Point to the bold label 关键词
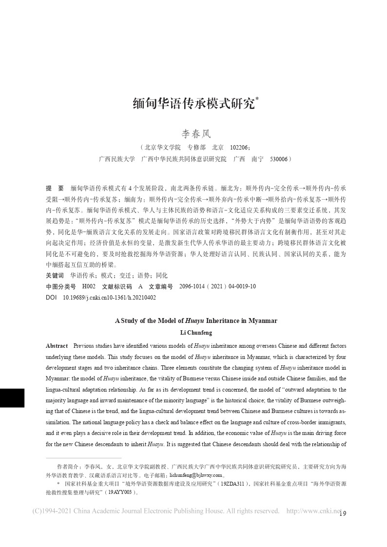click(54, 275)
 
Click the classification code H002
click(89, 286)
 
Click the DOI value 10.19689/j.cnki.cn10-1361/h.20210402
click(110, 297)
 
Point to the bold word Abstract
click(57, 346)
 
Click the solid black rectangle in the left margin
click(12, 391)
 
